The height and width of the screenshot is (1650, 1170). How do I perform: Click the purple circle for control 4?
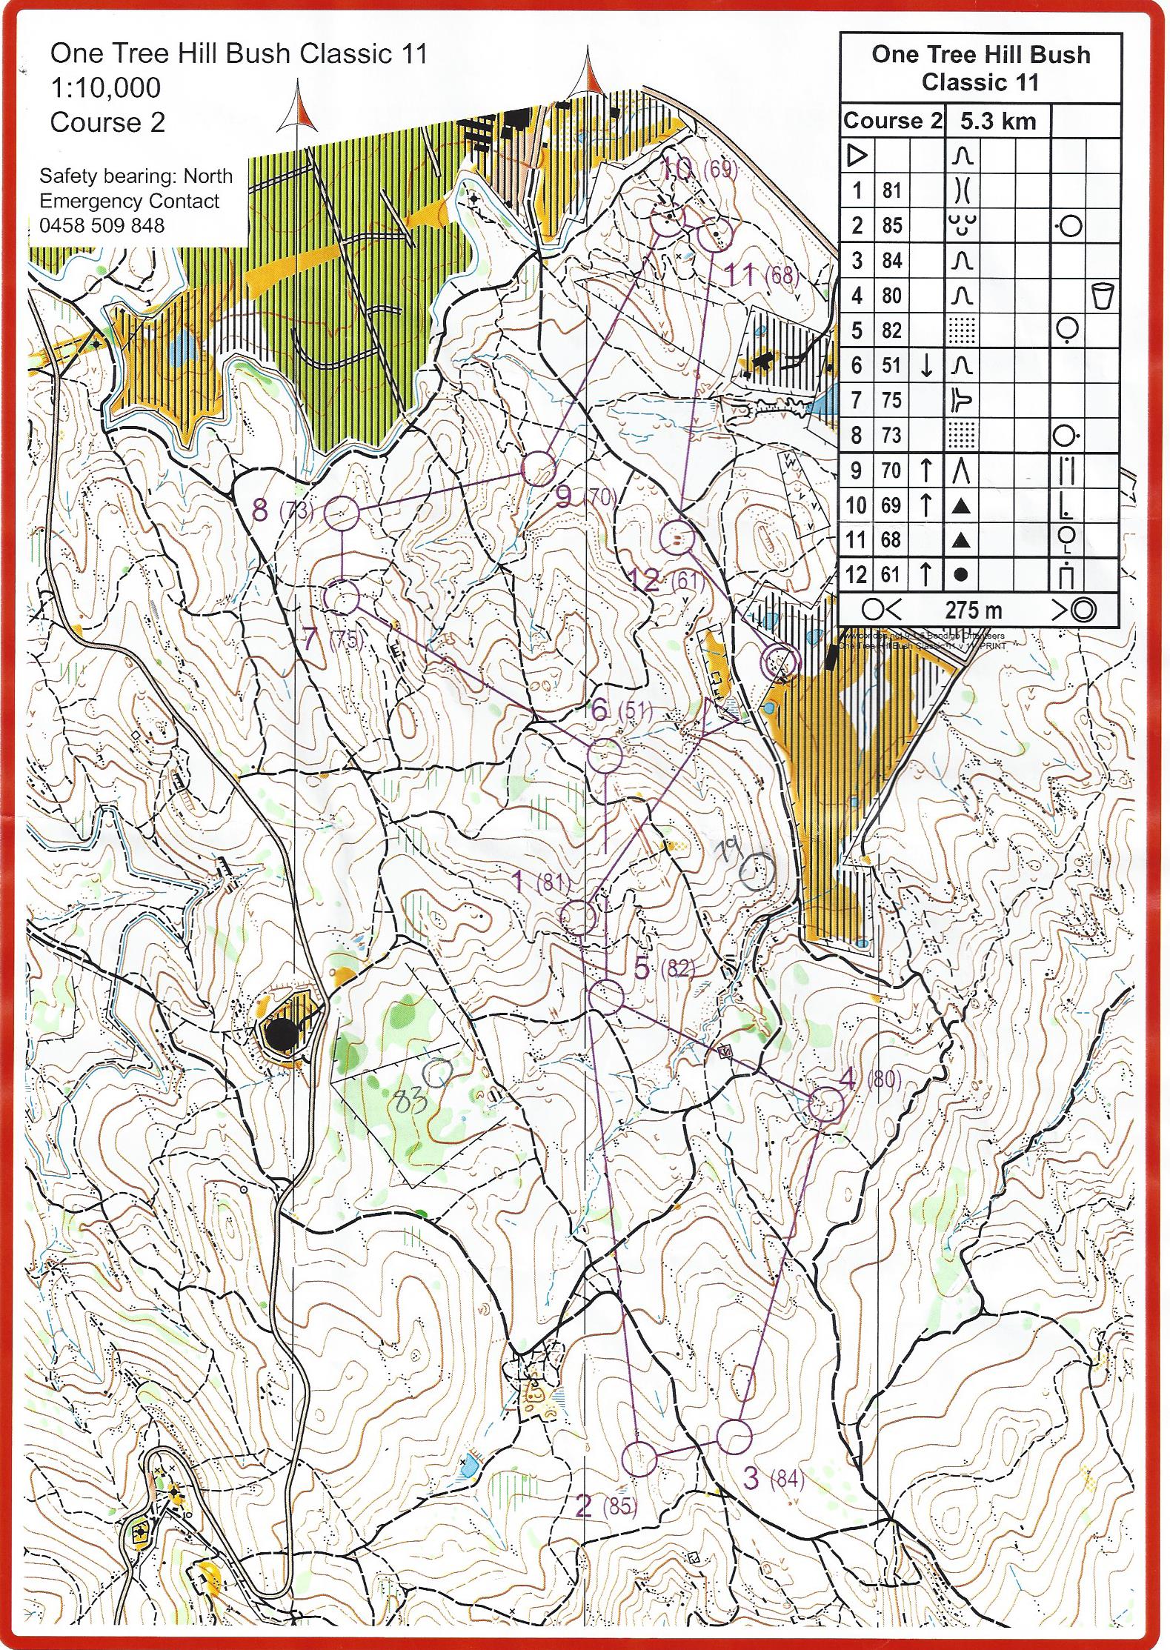pos(825,1105)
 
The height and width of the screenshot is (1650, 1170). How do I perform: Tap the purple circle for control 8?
pos(342,513)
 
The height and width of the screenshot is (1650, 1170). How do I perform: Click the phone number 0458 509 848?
pos(102,225)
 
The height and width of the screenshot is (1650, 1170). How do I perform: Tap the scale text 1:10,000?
pos(105,87)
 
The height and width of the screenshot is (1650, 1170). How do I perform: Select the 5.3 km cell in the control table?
pos(997,121)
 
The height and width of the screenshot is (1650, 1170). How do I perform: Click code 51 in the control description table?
pos(891,365)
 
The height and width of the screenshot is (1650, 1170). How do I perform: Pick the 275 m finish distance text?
pos(973,611)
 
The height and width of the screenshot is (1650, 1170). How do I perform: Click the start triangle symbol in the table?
pos(857,156)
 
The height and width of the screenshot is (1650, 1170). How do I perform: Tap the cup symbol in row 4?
pos(1103,296)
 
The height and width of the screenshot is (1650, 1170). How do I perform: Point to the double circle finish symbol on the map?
pos(781,661)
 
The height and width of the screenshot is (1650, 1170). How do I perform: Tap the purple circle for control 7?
pos(342,598)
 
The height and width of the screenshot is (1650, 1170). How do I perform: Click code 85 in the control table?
pos(891,225)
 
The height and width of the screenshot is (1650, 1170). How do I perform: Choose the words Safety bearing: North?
pos(136,176)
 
